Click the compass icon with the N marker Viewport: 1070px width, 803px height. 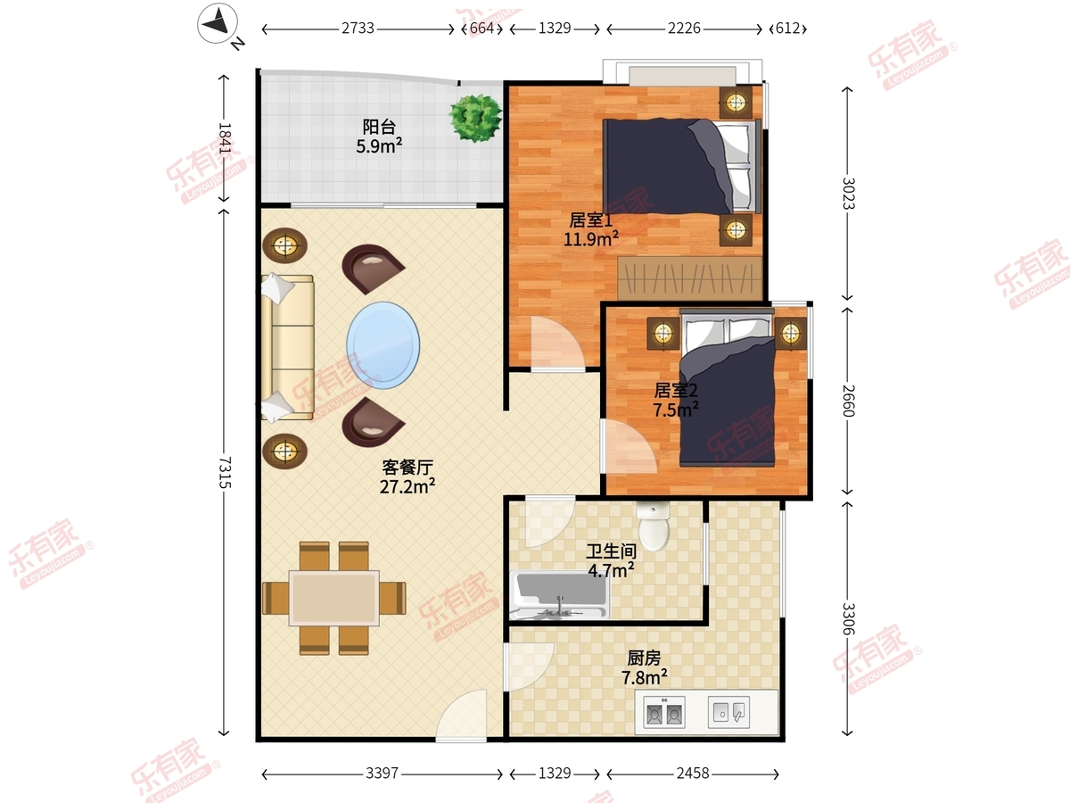(x=218, y=23)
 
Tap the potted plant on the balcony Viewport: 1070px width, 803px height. (x=475, y=118)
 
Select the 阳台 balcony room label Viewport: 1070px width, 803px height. (x=379, y=127)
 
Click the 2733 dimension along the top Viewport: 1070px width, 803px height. (x=358, y=29)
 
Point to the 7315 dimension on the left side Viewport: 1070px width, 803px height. (x=224, y=472)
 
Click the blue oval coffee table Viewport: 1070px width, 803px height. (x=383, y=345)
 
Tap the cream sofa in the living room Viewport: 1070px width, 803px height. (x=287, y=347)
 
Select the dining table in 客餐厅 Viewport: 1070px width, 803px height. (x=333, y=598)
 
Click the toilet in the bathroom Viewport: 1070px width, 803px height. (x=654, y=526)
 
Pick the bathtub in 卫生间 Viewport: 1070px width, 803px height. (x=560, y=595)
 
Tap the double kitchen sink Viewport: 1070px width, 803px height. (x=664, y=712)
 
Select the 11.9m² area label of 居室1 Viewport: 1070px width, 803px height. (x=591, y=239)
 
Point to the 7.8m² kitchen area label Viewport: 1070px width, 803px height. (x=644, y=677)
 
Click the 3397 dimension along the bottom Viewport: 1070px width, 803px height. (x=383, y=774)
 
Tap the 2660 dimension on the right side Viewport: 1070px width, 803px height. (x=848, y=401)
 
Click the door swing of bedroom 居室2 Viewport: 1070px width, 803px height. (x=628, y=446)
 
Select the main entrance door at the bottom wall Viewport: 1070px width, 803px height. (x=461, y=716)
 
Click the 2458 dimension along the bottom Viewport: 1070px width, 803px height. (x=693, y=774)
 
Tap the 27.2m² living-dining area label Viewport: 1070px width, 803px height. (x=407, y=486)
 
